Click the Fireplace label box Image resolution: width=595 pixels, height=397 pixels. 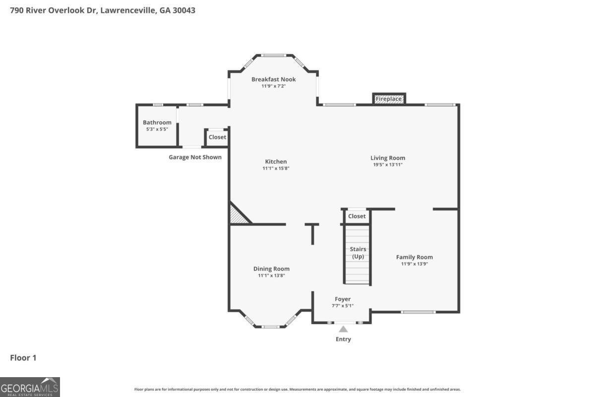[x=389, y=99]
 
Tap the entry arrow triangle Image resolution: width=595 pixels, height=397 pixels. [x=343, y=329]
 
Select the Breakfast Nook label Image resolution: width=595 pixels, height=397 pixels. [x=273, y=79]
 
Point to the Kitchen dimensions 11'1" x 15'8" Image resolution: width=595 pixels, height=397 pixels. [x=276, y=169]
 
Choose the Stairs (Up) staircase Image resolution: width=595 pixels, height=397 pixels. [x=357, y=254]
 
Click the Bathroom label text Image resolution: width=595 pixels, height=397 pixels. [x=157, y=123]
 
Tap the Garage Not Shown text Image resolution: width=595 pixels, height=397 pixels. [x=195, y=157]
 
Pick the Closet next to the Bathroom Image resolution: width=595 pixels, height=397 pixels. [x=217, y=137]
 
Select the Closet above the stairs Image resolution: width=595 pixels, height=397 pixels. [x=357, y=216]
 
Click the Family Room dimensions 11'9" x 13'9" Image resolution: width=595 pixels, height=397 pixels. [x=414, y=264]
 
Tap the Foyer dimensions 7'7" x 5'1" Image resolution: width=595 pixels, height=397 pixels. [x=343, y=306]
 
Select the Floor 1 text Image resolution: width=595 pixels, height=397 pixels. [x=23, y=357]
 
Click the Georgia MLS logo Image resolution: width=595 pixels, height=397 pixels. [x=30, y=387]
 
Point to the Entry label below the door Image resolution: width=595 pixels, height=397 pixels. [x=343, y=339]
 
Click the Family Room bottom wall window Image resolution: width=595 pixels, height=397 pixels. [x=418, y=312]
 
